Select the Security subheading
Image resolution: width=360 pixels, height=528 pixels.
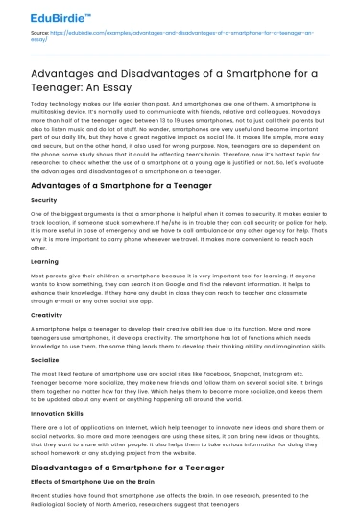pyautogui.click(x=45, y=199)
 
